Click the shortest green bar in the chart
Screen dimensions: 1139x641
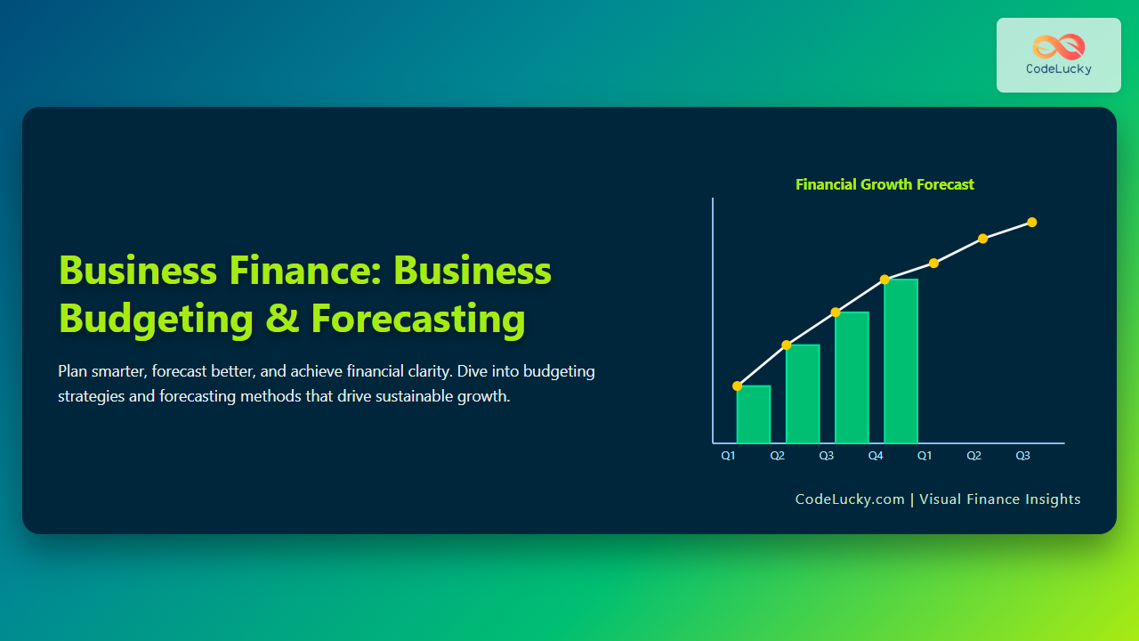(754, 414)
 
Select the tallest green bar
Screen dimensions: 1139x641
(901, 361)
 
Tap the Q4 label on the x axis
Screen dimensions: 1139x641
(876, 456)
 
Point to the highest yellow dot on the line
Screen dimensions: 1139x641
(1031, 223)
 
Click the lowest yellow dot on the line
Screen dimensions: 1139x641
(738, 386)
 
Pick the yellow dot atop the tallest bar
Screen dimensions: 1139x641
(885, 280)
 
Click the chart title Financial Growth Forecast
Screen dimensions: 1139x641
(885, 184)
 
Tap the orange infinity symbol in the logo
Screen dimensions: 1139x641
(1059, 47)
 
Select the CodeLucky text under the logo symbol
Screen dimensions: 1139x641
(1059, 69)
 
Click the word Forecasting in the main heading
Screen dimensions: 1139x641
(418, 319)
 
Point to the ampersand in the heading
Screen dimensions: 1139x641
(282, 318)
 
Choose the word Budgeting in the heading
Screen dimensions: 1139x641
(156, 319)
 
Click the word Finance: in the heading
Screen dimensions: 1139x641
(305, 270)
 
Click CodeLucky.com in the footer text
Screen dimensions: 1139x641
(850, 499)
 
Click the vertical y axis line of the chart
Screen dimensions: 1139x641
(713, 320)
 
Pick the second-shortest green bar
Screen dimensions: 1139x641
(803, 394)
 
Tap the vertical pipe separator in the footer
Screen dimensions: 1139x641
(912, 499)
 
